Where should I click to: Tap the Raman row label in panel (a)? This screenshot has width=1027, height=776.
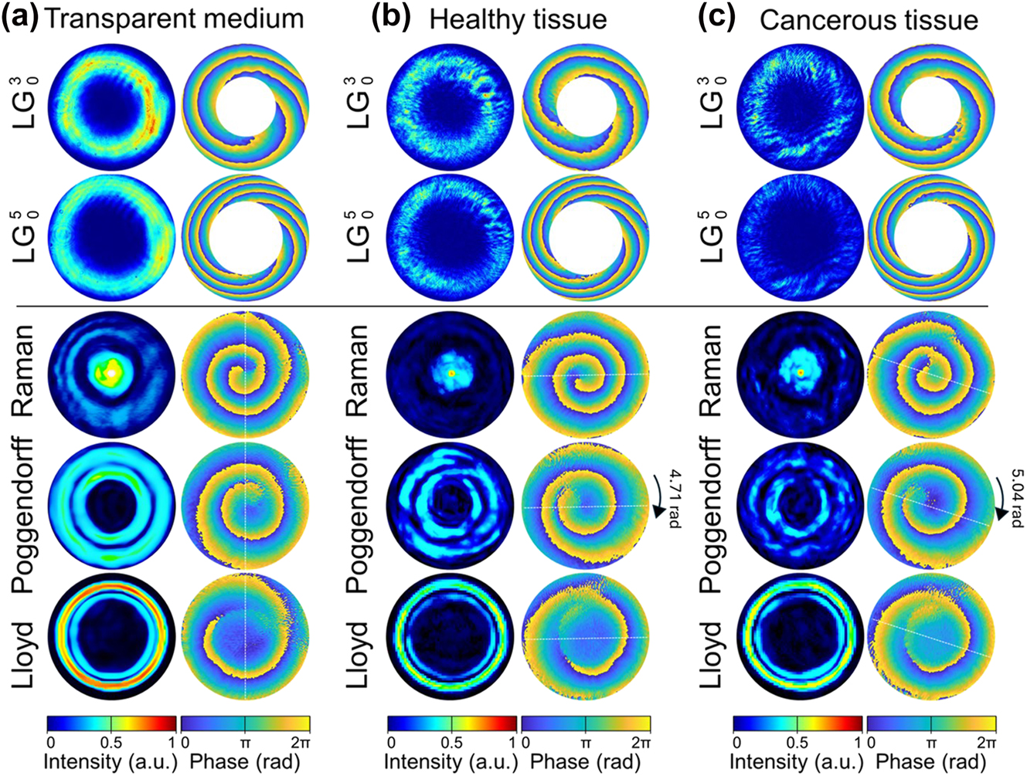click(26, 372)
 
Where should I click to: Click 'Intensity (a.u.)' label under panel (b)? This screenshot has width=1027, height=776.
click(451, 761)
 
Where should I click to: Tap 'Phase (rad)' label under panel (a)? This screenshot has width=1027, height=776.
click(244, 761)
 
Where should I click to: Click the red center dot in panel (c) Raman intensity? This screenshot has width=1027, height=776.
click(801, 372)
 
